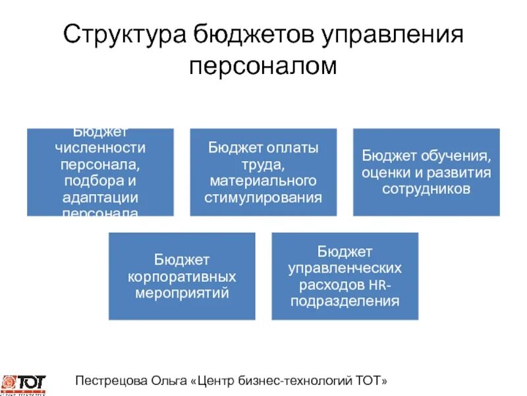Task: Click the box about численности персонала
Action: (x=100, y=172)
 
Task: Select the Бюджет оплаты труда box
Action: (x=263, y=172)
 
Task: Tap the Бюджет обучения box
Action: (x=426, y=172)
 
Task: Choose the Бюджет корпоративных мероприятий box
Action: (x=182, y=276)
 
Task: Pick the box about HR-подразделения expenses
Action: (x=345, y=276)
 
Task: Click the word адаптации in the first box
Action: (x=100, y=197)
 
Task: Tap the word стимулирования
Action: (x=263, y=197)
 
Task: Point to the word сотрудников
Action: (x=426, y=189)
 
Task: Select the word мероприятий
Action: (x=182, y=292)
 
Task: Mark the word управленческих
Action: (x=345, y=268)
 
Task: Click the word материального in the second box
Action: (x=263, y=180)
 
